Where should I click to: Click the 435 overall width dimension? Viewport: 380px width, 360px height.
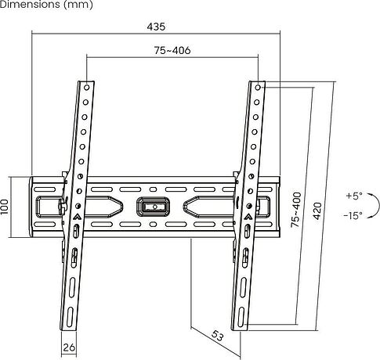(156, 27)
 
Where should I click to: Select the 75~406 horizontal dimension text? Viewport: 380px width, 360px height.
(172, 50)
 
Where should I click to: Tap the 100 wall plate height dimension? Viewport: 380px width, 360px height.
(5, 207)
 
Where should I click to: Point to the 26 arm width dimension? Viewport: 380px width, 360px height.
(69, 347)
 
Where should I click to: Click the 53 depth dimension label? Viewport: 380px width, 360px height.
(217, 336)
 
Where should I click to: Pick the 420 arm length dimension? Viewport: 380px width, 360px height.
(317, 211)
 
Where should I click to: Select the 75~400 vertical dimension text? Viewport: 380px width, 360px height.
(296, 210)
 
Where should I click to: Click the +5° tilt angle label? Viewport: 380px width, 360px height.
(354, 196)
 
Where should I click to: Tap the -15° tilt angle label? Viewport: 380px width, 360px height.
(353, 215)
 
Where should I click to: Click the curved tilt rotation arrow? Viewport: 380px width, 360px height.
(378, 205)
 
